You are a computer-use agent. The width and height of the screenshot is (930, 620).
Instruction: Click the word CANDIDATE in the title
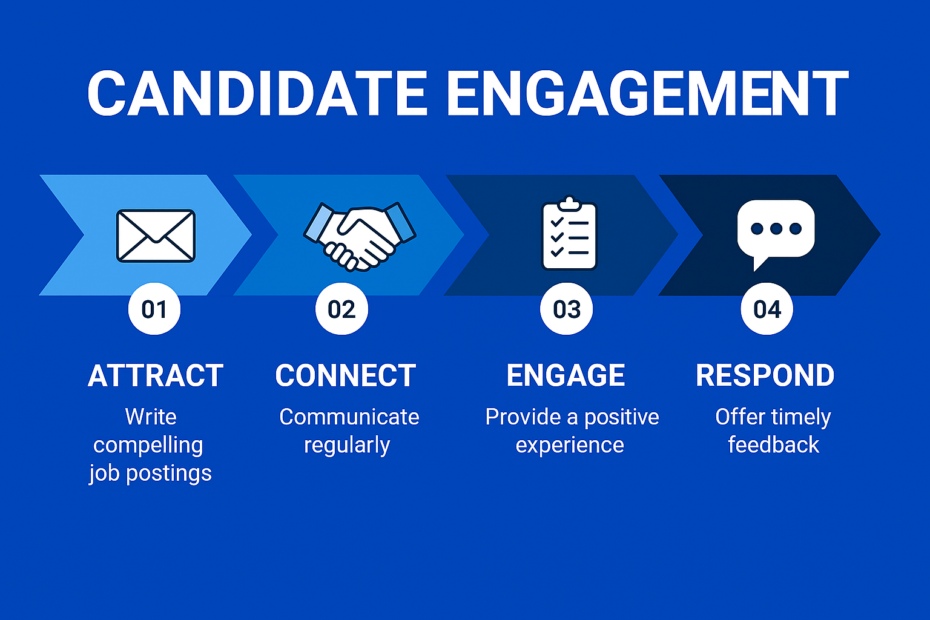(257, 93)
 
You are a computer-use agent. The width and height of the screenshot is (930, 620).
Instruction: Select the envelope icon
(156, 236)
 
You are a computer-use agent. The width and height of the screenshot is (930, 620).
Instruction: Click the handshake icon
(360, 237)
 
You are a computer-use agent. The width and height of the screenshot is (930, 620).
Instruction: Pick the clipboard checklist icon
(569, 233)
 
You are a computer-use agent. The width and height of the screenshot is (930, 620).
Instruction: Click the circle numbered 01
(154, 309)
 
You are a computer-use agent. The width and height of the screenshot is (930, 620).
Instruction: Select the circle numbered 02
(341, 309)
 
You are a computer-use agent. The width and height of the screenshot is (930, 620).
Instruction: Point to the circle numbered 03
(566, 309)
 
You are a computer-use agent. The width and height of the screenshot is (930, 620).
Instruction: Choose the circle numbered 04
(767, 309)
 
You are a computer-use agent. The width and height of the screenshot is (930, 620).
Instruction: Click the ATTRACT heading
(156, 375)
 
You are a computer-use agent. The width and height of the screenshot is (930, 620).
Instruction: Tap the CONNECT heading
(346, 375)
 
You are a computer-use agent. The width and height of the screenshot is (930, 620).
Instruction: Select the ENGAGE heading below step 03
(566, 375)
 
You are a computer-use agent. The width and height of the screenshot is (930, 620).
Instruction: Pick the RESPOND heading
(765, 375)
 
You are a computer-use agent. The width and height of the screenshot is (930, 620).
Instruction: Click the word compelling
(148, 446)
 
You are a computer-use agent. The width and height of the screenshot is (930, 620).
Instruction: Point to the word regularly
(347, 446)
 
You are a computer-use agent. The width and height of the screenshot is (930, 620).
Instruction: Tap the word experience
(570, 446)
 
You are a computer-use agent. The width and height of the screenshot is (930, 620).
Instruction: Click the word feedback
(774, 444)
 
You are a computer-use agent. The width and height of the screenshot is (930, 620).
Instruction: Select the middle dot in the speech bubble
(776, 228)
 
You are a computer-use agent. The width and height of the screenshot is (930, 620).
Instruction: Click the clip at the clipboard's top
(569, 203)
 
